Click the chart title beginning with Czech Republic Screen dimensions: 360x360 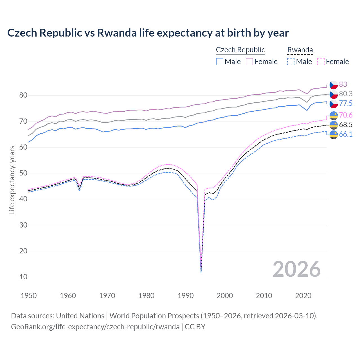pyautogui.click(x=148, y=33)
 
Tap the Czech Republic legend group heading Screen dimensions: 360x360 pyautogui.click(x=240, y=50)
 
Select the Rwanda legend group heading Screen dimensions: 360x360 pyautogui.click(x=300, y=50)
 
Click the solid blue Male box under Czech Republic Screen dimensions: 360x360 pyautogui.click(x=220, y=62)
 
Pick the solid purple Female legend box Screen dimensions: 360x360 pyautogui.click(x=249, y=62)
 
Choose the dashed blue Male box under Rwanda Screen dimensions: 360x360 pyautogui.click(x=291, y=62)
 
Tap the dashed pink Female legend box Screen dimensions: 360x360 pyautogui.click(x=321, y=62)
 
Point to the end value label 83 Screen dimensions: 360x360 pyautogui.click(x=343, y=84)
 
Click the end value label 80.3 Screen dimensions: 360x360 pyautogui.click(x=346, y=94)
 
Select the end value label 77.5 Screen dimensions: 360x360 pyautogui.click(x=346, y=103)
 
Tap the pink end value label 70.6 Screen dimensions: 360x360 pyautogui.click(x=346, y=115)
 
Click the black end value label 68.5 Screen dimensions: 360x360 pyautogui.click(x=346, y=125)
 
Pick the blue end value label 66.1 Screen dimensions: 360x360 pyautogui.click(x=346, y=134)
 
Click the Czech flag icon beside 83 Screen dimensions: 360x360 pyautogui.click(x=334, y=85)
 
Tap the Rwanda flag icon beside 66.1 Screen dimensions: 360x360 pyautogui.click(x=334, y=134)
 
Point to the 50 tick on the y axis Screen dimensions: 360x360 pyautogui.click(x=23, y=173)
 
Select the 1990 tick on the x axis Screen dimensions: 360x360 pyautogui.click(x=186, y=296)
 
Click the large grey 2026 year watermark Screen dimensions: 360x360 pyautogui.click(x=297, y=269)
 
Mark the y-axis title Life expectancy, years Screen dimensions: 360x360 pyautogui.click(x=12, y=180)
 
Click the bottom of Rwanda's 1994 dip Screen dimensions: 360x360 pyautogui.click(x=201, y=272)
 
